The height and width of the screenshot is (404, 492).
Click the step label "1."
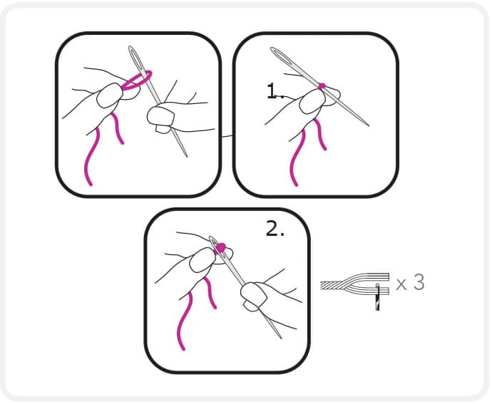tap(275, 91)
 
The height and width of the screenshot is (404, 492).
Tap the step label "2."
tap(275, 228)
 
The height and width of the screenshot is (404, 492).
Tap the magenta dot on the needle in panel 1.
tap(322, 86)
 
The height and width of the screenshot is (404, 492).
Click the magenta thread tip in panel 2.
tap(221, 247)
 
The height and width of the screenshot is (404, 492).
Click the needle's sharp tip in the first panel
tap(187, 156)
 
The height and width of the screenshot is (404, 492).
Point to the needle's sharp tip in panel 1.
tap(369, 125)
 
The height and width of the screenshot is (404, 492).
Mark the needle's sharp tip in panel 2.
tap(281, 338)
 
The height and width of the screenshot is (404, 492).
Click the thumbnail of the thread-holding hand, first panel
tap(109, 95)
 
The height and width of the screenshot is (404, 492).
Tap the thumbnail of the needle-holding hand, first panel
tap(160, 115)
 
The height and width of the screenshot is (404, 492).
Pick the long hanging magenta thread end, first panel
tap(91, 156)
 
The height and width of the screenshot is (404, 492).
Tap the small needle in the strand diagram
tap(377, 296)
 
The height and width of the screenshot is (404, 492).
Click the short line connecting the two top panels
tap(227, 136)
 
